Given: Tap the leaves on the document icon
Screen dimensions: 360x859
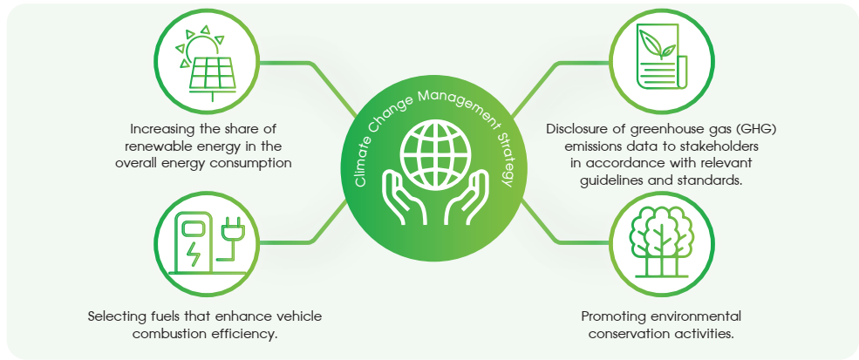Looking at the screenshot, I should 655,44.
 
